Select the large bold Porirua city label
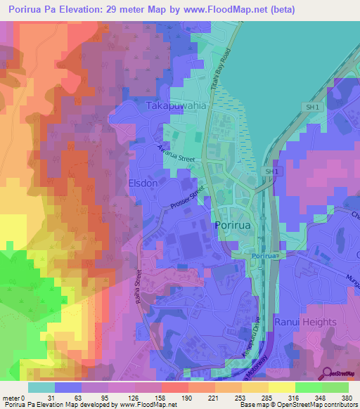233,225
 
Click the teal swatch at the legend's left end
41,387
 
